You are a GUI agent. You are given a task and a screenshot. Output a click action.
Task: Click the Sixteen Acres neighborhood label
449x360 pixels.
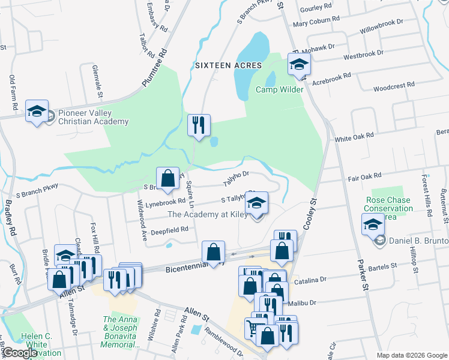pos(228,65)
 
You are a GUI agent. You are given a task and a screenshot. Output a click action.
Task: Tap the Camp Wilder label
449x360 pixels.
pos(280,90)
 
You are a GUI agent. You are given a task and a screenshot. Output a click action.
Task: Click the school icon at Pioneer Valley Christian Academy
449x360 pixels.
pos(37,112)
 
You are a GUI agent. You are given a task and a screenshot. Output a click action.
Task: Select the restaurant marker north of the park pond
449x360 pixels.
pos(199,125)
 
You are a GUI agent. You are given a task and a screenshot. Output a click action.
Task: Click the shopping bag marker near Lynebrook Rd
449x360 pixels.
pos(168,178)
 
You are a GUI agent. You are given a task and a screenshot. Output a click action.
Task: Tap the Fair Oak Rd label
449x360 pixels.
pos(364,176)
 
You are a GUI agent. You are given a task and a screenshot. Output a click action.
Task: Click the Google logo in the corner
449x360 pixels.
pos(19,353)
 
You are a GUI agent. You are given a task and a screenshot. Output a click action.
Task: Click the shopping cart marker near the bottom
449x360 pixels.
pos(253,328)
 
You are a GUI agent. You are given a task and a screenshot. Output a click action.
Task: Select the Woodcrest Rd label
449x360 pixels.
pos(394,86)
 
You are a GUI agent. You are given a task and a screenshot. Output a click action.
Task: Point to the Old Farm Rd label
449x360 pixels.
pos(13,92)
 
